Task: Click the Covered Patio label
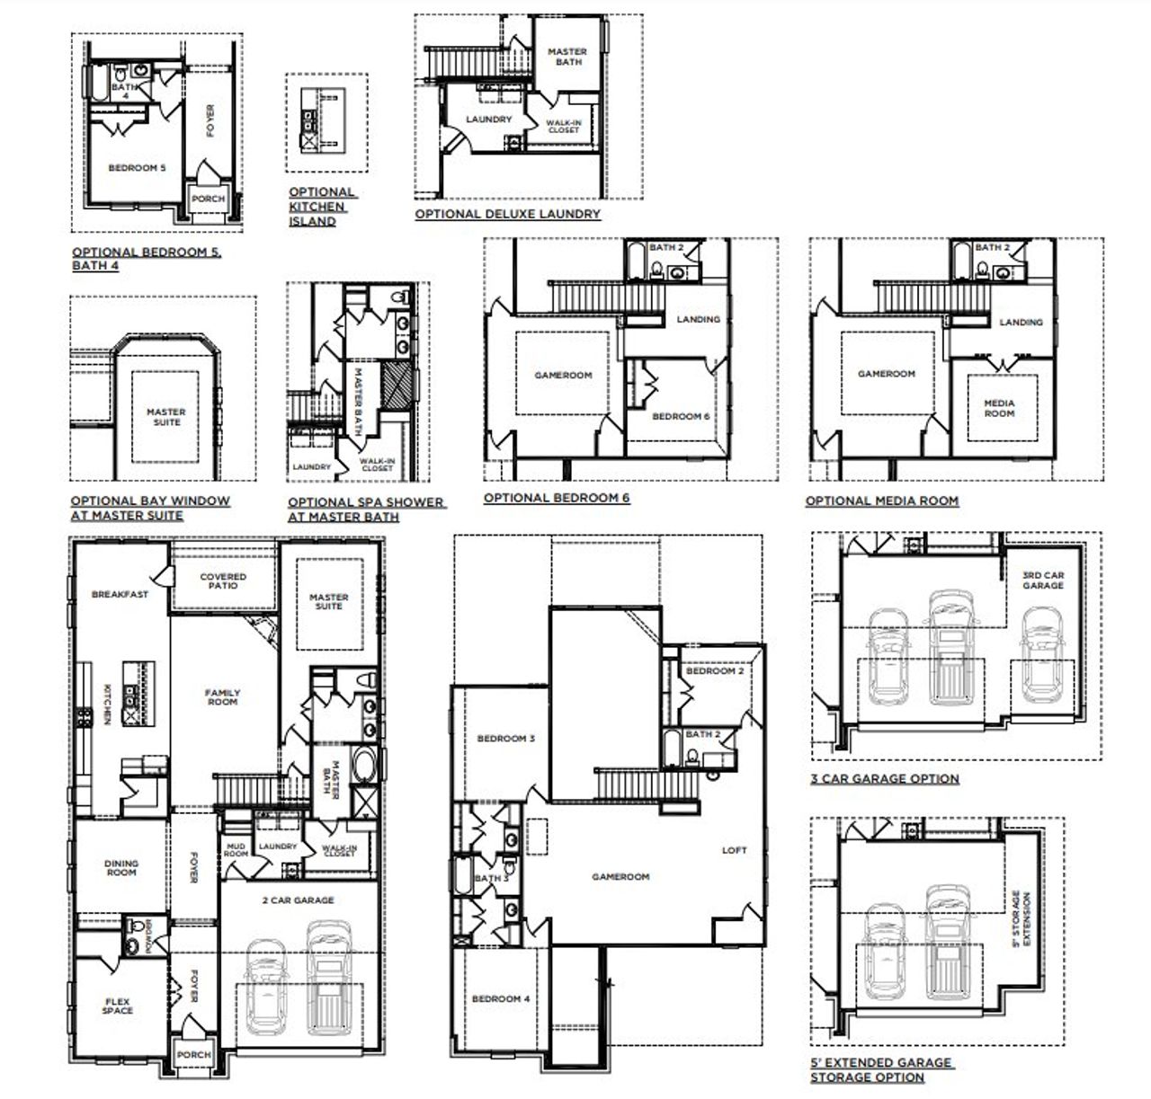tap(223, 581)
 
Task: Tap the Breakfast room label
tap(120, 594)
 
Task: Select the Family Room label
tap(222, 696)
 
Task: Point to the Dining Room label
tap(121, 867)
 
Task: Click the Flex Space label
tap(117, 1006)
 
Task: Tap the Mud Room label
tap(236, 849)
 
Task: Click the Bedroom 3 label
tap(506, 739)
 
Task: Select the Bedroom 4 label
tap(501, 998)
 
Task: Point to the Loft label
tap(735, 850)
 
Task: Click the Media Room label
tap(999, 408)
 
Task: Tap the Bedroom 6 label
tap(681, 416)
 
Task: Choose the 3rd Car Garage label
tap(1042, 580)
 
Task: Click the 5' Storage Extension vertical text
tap(1022, 919)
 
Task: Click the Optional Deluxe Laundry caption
tap(507, 214)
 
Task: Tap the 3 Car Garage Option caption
tap(885, 778)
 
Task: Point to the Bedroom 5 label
tap(137, 168)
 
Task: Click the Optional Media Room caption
tap(881, 501)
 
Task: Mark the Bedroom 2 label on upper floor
tap(714, 671)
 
